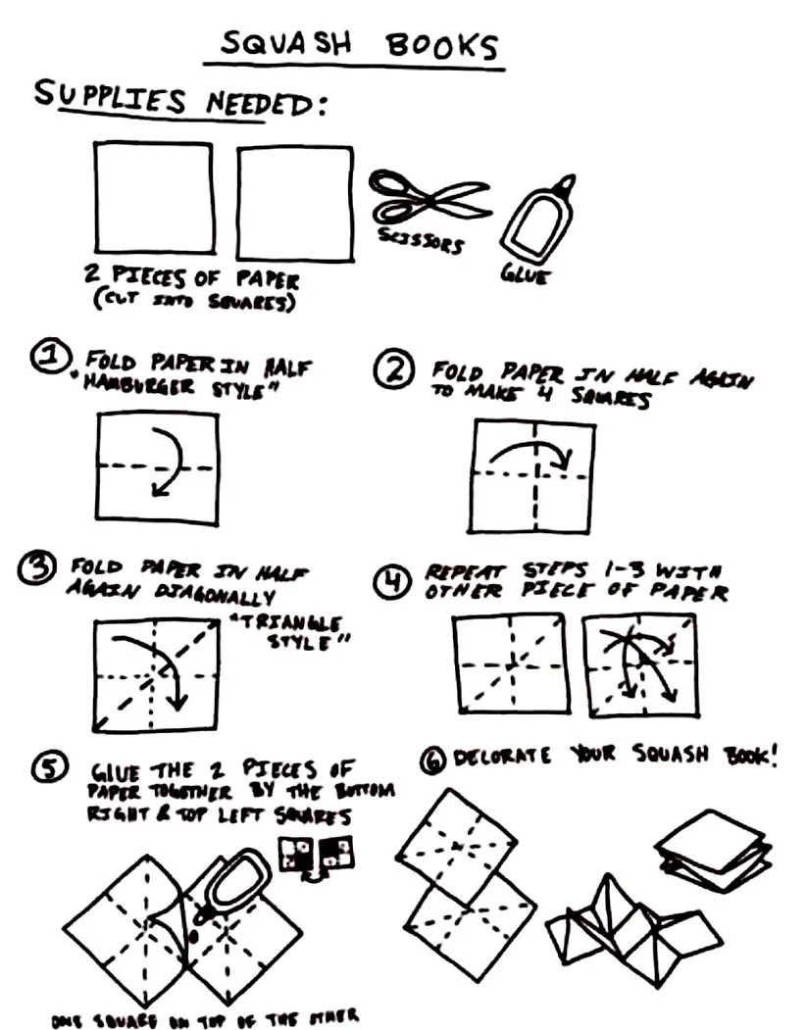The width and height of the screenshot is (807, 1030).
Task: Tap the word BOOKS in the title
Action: (x=441, y=46)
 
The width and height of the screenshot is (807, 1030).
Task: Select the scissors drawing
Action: (x=429, y=196)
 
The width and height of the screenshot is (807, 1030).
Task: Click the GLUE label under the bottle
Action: (x=526, y=275)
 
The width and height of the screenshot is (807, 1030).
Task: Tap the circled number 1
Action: (x=47, y=360)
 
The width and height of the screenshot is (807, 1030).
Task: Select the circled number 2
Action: (x=392, y=368)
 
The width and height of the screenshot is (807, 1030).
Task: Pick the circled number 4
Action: (x=391, y=583)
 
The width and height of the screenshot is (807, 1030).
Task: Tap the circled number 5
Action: (x=48, y=769)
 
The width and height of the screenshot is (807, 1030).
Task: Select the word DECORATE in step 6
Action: (x=496, y=757)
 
